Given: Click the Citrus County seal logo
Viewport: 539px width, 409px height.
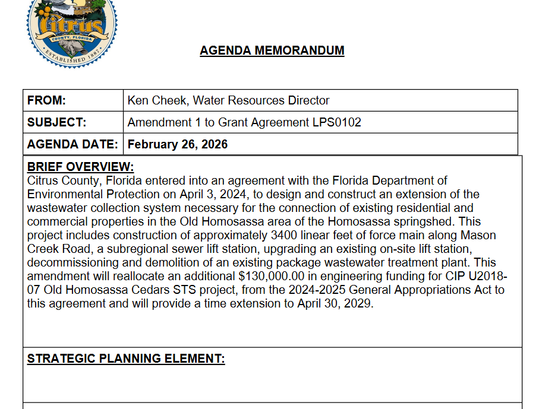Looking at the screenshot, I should pos(71,30).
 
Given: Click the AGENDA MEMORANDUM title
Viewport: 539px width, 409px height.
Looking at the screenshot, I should pos(272,50).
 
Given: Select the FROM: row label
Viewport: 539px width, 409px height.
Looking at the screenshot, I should pos(46,100).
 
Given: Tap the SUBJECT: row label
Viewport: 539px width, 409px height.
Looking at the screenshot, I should pos(57,123).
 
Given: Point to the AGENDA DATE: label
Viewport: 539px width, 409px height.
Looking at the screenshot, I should pos(73,144).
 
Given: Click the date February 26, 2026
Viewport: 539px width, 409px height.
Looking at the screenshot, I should pos(178,144).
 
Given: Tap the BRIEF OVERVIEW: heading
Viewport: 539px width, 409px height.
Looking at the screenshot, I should pos(80,167).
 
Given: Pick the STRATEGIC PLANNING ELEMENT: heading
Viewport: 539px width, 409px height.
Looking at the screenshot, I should pos(126,359).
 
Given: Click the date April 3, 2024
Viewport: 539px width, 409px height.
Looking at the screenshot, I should pos(223,194).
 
